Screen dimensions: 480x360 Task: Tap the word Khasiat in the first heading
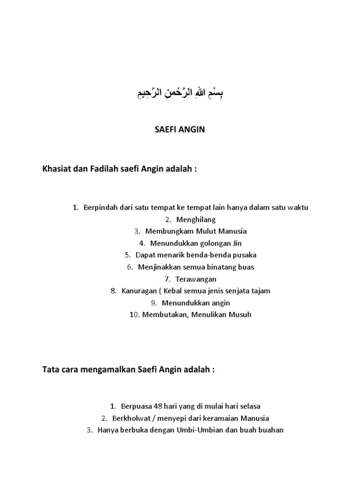pyautogui.click(x=57, y=169)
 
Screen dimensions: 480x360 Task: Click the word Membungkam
pyautogui.click(x=165, y=231)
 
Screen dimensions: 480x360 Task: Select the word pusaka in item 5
pyautogui.click(x=245, y=255)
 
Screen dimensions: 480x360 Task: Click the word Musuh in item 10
pyautogui.click(x=240, y=315)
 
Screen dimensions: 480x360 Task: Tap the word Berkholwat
pyautogui.click(x=130, y=418)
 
